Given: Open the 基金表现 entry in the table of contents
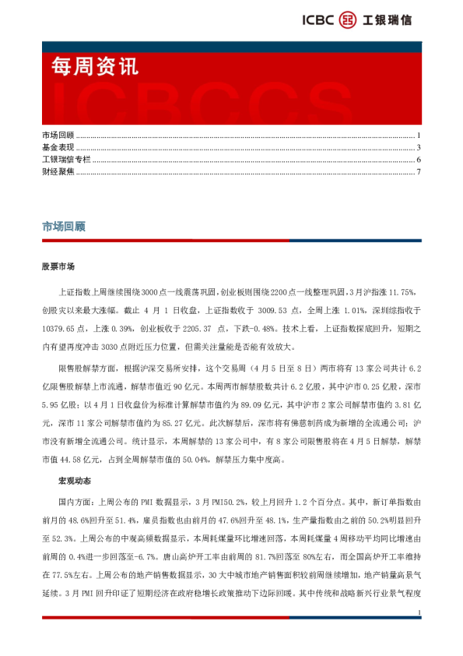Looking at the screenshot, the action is (58, 148).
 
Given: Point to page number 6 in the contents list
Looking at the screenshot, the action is (419, 160).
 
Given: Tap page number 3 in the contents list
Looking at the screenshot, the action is (419, 148).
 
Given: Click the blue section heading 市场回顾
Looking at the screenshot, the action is (63, 227).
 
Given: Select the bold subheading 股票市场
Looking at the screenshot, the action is (58, 266).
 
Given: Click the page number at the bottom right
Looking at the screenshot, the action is (419, 615).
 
